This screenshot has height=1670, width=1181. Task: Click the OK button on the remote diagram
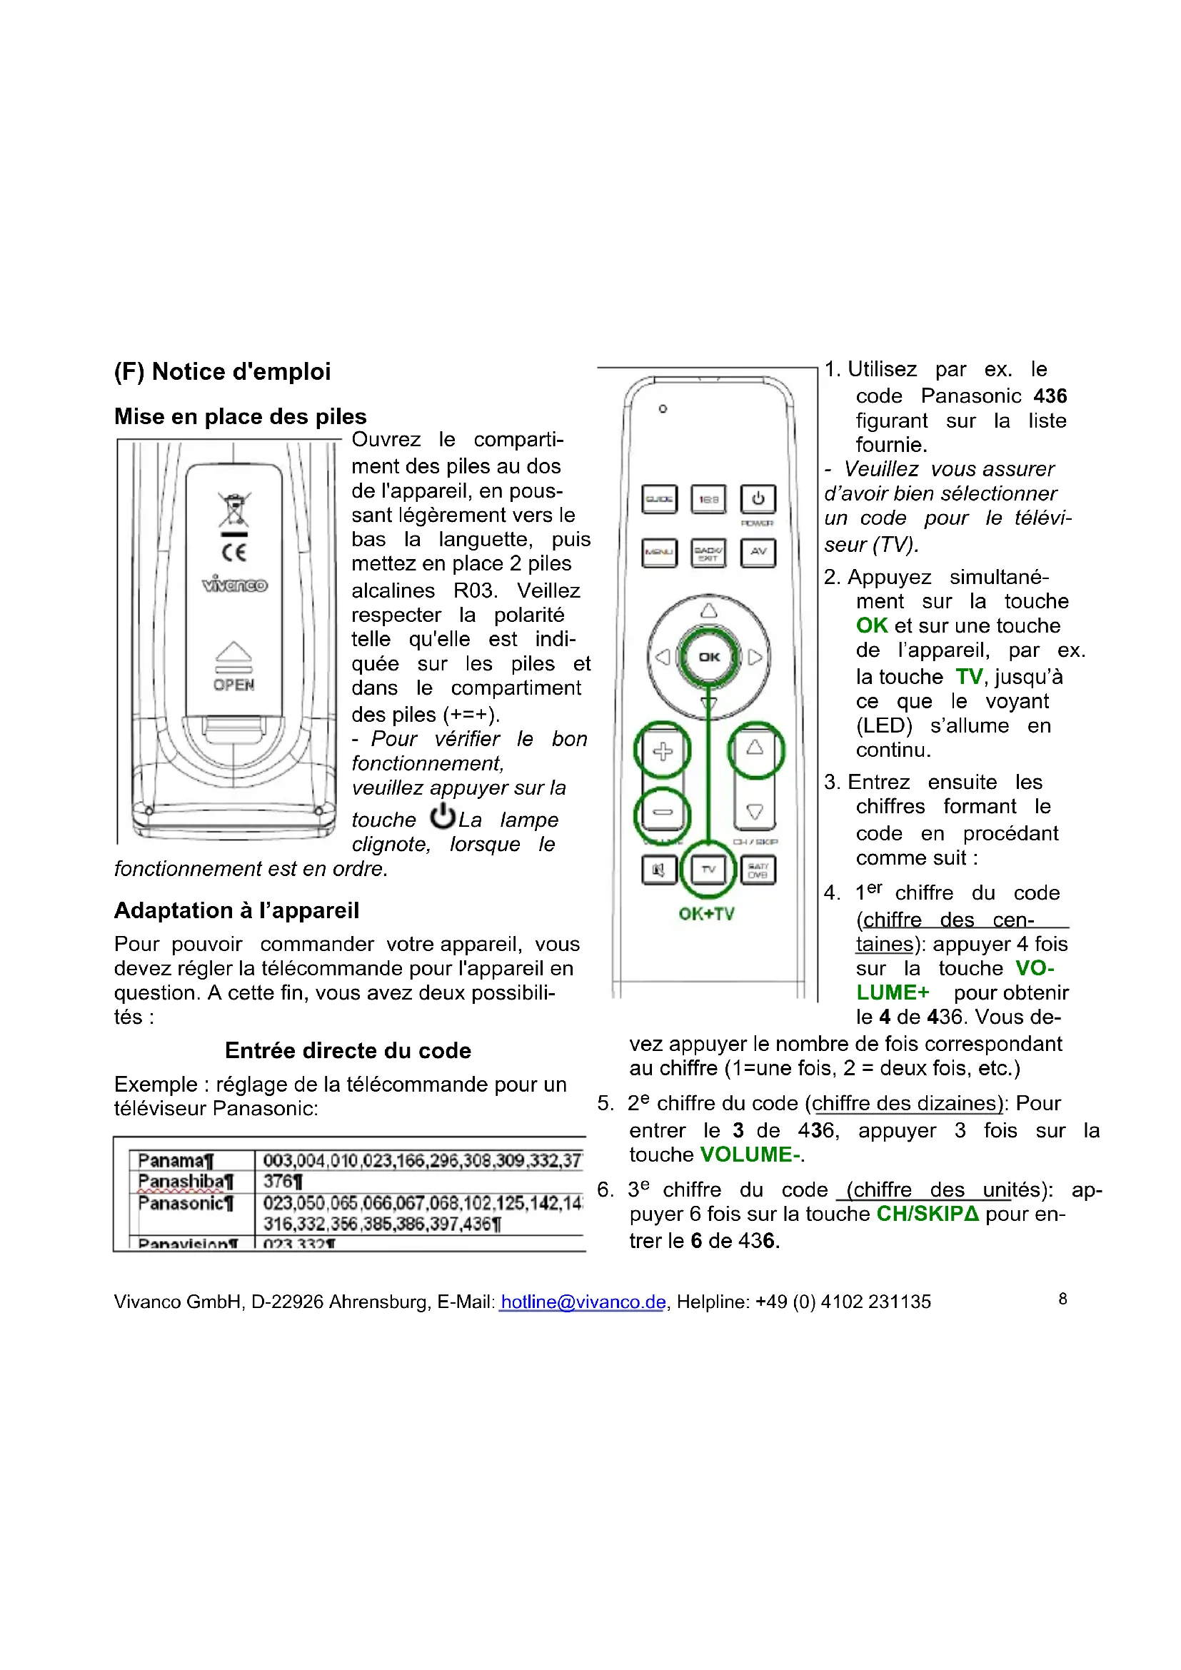click(x=708, y=657)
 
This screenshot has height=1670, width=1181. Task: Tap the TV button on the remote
click(x=708, y=869)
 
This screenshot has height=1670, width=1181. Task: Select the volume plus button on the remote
click(x=662, y=750)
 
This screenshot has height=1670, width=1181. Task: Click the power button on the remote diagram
click(x=758, y=499)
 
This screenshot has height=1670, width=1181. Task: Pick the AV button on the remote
click(x=758, y=552)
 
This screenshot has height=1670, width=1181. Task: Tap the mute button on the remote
click(x=659, y=870)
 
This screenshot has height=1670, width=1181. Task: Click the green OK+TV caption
click(x=706, y=915)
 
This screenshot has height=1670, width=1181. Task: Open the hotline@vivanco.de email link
click(x=583, y=1302)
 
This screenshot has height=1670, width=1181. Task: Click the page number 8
click(x=1062, y=1299)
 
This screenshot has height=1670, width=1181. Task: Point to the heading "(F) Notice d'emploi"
click(x=223, y=372)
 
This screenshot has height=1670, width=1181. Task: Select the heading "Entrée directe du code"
click(x=348, y=1050)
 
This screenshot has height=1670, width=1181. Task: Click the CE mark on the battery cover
click(x=234, y=552)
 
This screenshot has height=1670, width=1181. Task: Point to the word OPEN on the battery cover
click(x=234, y=685)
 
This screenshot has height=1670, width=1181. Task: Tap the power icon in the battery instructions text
click(x=442, y=817)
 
